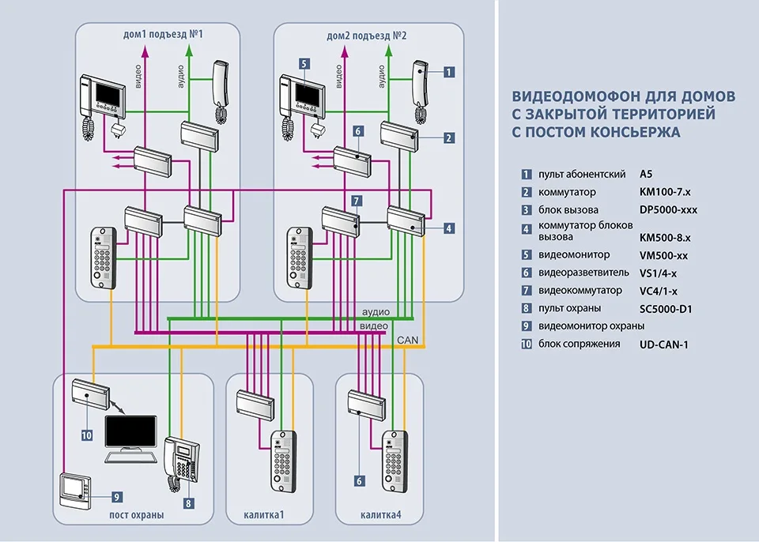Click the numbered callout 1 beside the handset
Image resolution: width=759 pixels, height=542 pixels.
pyautogui.click(x=448, y=72)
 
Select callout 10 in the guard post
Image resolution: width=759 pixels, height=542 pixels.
pyautogui.click(x=87, y=435)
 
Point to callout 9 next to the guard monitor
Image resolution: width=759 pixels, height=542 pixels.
pyautogui.click(x=115, y=497)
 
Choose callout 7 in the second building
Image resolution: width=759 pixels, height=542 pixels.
pyautogui.click(x=357, y=201)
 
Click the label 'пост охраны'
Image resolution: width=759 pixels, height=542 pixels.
pyautogui.click(x=137, y=515)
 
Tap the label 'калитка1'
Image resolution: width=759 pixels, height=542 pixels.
pyautogui.click(x=265, y=515)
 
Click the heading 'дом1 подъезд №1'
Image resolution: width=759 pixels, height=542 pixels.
pyautogui.click(x=164, y=36)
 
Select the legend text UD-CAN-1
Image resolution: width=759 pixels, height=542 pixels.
pyautogui.click(x=663, y=344)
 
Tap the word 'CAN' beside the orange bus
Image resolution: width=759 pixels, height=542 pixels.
pyautogui.click(x=407, y=341)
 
